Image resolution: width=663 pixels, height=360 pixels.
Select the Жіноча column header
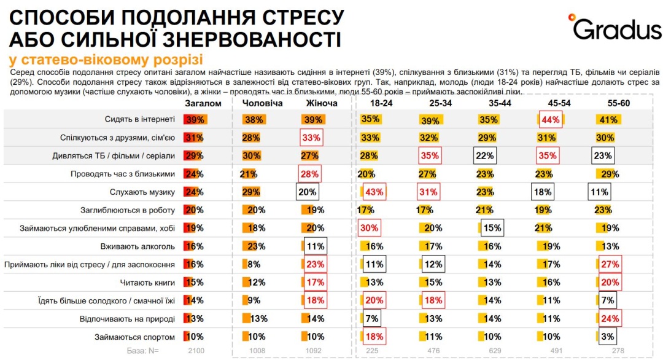[x=321, y=103]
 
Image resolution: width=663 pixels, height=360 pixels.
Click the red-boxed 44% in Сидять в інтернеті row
[x=551, y=120]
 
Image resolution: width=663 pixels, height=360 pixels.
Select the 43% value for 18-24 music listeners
[x=373, y=192]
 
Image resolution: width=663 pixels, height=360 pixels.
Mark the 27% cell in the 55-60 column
[x=610, y=265]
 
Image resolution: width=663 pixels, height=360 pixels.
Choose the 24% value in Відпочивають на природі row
[x=610, y=319]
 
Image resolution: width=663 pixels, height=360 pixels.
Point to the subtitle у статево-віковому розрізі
[x=106, y=60]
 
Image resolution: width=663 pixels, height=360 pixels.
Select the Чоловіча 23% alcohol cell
[x=256, y=246]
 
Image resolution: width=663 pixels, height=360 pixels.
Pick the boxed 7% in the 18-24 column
[x=371, y=319]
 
